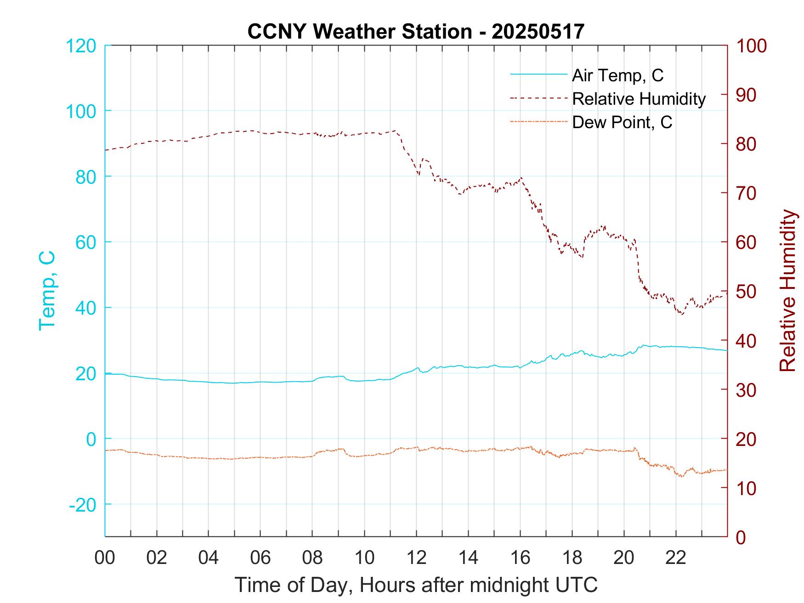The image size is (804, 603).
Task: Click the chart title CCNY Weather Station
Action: click(416, 31)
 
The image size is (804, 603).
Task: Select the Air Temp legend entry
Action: click(617, 75)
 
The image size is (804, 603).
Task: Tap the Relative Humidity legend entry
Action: click(639, 99)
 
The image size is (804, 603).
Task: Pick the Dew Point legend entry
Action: click(622, 123)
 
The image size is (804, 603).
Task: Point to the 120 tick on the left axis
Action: click(81, 46)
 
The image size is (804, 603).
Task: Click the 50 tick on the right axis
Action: click(747, 292)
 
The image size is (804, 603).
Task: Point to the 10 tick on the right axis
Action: click(747, 488)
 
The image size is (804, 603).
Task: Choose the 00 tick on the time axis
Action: click(105, 558)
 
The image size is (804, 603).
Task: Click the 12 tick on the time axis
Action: click(416, 558)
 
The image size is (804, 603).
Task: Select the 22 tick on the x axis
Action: click(676, 558)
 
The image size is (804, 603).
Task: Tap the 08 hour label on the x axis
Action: click(312, 558)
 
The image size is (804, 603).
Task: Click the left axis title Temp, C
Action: click(47, 291)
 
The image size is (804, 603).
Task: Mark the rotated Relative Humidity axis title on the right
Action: click(787, 291)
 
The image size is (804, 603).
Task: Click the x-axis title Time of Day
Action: click(416, 585)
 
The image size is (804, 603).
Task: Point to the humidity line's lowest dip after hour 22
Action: click(682, 315)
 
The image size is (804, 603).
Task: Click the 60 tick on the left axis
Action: click(85, 242)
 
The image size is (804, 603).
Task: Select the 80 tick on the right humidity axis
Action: click(747, 144)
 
